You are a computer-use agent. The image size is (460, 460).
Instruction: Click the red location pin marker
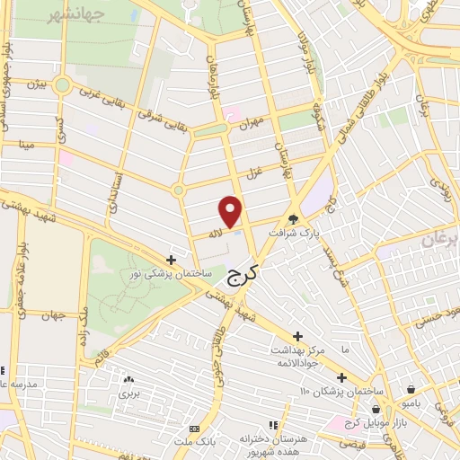[231, 211]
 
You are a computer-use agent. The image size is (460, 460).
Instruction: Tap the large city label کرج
[239, 276]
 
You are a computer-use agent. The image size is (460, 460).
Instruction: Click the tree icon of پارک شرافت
[293, 218]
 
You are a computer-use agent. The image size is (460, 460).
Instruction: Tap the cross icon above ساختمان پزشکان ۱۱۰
[341, 377]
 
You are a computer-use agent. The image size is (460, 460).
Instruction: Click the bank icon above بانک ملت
[195, 429]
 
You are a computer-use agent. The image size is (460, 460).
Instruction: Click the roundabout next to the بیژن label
[62, 86]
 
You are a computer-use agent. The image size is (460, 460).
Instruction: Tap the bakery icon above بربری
[129, 379]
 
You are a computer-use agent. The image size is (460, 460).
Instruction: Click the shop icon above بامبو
[411, 390]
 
